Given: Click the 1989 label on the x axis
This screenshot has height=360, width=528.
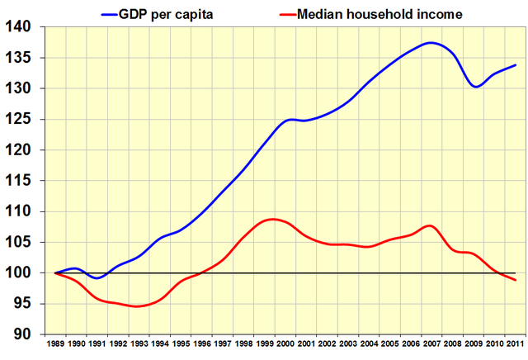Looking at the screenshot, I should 56,343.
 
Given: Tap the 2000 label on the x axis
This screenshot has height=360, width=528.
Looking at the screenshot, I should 286,343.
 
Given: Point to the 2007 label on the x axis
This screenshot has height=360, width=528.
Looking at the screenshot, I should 433,343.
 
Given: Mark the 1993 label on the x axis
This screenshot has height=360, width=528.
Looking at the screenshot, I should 139,343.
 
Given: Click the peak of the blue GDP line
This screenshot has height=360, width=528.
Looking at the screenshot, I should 431,42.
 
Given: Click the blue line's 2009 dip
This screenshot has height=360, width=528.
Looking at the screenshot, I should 476,86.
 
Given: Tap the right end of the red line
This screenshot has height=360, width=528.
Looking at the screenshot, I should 516,281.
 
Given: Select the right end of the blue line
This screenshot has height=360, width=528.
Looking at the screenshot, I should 516,64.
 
